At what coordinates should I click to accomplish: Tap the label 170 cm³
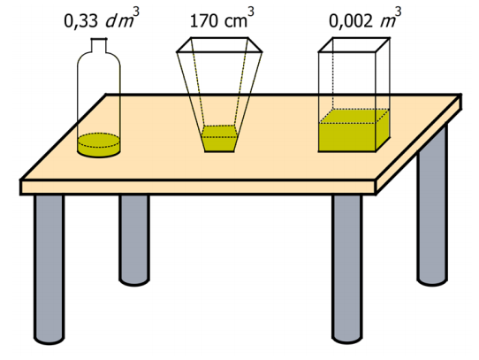(x=222, y=18)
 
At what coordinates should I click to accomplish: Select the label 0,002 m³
(x=365, y=18)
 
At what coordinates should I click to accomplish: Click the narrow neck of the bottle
(x=99, y=45)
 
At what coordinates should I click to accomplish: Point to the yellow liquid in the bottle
(x=99, y=145)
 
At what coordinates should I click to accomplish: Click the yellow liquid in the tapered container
(x=219, y=139)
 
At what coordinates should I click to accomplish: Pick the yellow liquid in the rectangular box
(x=354, y=130)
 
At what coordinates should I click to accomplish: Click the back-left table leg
(x=134, y=240)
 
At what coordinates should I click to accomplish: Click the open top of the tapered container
(x=219, y=45)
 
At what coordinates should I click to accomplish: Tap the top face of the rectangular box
(x=354, y=45)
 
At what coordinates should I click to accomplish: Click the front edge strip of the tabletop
(x=198, y=188)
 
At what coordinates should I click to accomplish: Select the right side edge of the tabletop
(x=419, y=145)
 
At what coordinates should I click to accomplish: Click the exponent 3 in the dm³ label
(x=136, y=11)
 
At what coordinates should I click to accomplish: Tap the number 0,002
(x=351, y=21)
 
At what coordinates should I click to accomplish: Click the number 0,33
(x=81, y=21)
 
